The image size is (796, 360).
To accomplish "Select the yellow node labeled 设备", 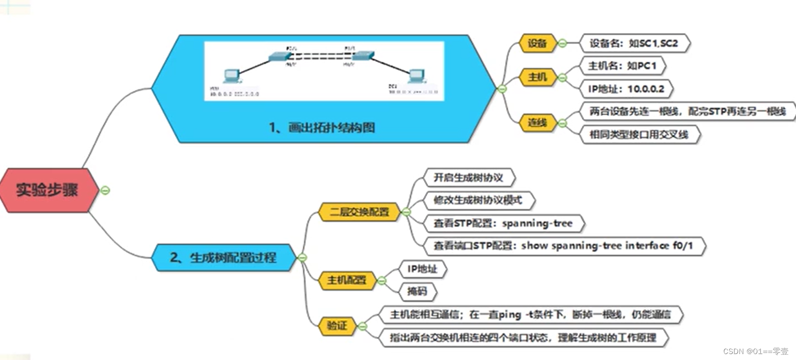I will tap(537, 44).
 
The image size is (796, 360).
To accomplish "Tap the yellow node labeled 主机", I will tap(537, 77).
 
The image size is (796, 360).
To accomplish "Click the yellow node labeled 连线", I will tap(537, 123).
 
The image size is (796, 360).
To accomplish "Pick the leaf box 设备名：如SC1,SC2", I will tap(634, 44).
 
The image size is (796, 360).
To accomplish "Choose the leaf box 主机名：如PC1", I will tap(622, 66).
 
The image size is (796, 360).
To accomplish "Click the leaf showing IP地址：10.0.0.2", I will tap(626, 89).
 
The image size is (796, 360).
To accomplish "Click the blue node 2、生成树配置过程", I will tap(223, 258).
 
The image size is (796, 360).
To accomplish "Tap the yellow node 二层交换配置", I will tap(359, 212).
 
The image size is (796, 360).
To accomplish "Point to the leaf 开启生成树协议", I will tap(468, 178).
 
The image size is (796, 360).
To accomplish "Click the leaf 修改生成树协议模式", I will tap(478, 200).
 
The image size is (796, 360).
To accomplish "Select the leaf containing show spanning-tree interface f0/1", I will tap(563, 246).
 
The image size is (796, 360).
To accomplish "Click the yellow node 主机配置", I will tap(347, 280).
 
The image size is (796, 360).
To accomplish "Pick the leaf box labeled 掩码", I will tap(417, 291).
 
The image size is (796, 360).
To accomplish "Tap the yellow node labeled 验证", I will tap(337, 326).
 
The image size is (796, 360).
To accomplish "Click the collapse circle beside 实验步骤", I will tap(105, 190).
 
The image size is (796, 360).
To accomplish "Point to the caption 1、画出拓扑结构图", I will tap(322, 128).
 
